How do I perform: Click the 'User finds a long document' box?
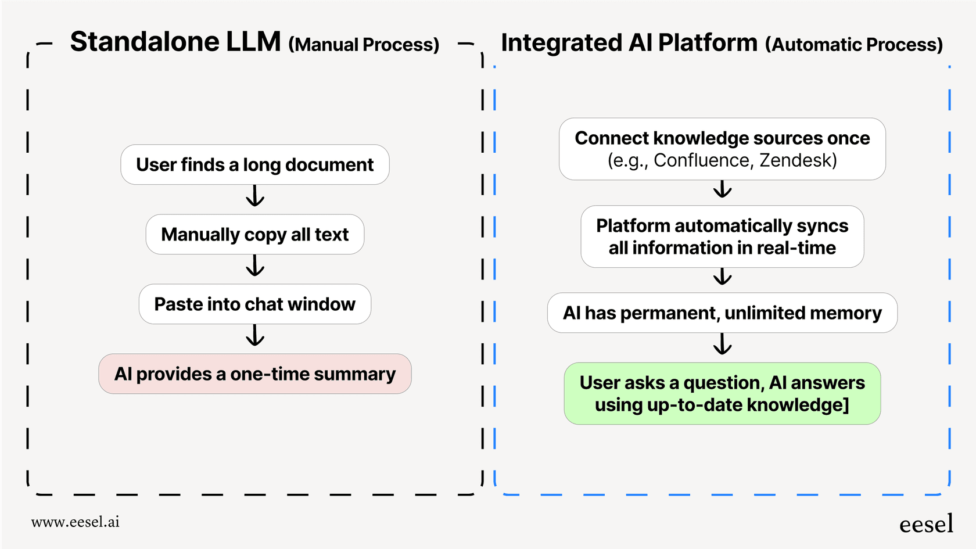254,165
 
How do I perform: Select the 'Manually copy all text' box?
254,235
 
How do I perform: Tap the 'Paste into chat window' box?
254,304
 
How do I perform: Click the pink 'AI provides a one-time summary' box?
254,374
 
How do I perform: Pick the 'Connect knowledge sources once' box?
722,149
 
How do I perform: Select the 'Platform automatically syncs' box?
722,236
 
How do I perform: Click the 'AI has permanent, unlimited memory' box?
722,313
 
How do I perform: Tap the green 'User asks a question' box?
722,394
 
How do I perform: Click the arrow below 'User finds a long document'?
255,196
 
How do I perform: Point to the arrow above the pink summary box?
255,335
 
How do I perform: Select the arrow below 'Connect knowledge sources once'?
722,189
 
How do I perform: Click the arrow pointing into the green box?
722,344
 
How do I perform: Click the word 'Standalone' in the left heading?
145,42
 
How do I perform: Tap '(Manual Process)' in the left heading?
364,45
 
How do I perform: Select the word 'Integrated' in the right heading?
561,44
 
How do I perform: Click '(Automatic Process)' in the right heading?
853,45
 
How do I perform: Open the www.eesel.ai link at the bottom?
76,522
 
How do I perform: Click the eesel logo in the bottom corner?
926,524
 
